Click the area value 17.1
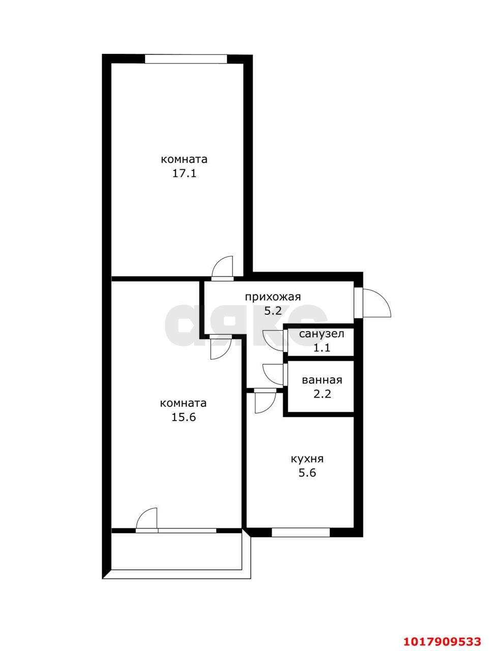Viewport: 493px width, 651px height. point(184,173)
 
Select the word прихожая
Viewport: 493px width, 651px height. point(273,297)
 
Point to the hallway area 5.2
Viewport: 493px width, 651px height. point(273,311)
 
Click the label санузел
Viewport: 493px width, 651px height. point(322,334)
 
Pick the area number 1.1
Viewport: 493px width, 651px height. point(322,347)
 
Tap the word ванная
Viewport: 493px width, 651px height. point(322,380)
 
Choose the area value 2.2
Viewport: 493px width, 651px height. point(322,394)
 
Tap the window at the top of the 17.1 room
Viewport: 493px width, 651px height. point(186,58)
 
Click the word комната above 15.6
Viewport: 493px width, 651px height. point(184,403)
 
